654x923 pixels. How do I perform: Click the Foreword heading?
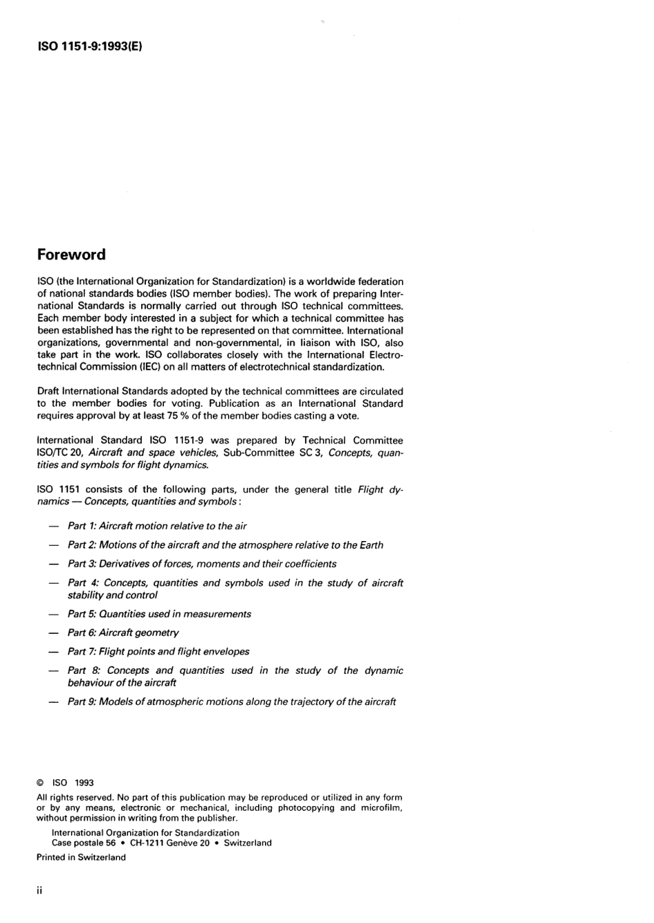point(72,255)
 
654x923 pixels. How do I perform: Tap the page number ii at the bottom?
point(39,891)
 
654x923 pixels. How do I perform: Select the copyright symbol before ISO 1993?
point(40,783)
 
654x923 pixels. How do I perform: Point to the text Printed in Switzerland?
point(81,857)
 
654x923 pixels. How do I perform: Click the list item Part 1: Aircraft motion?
point(157,526)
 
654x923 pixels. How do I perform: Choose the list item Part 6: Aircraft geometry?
point(123,633)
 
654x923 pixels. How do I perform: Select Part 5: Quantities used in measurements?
point(159,614)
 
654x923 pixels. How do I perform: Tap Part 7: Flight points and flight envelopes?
point(158,651)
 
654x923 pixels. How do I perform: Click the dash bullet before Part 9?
point(53,702)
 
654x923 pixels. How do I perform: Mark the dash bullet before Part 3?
point(53,564)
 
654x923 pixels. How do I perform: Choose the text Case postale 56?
point(83,842)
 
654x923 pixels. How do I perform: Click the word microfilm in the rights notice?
point(381,807)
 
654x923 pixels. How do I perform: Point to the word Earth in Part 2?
point(372,545)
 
